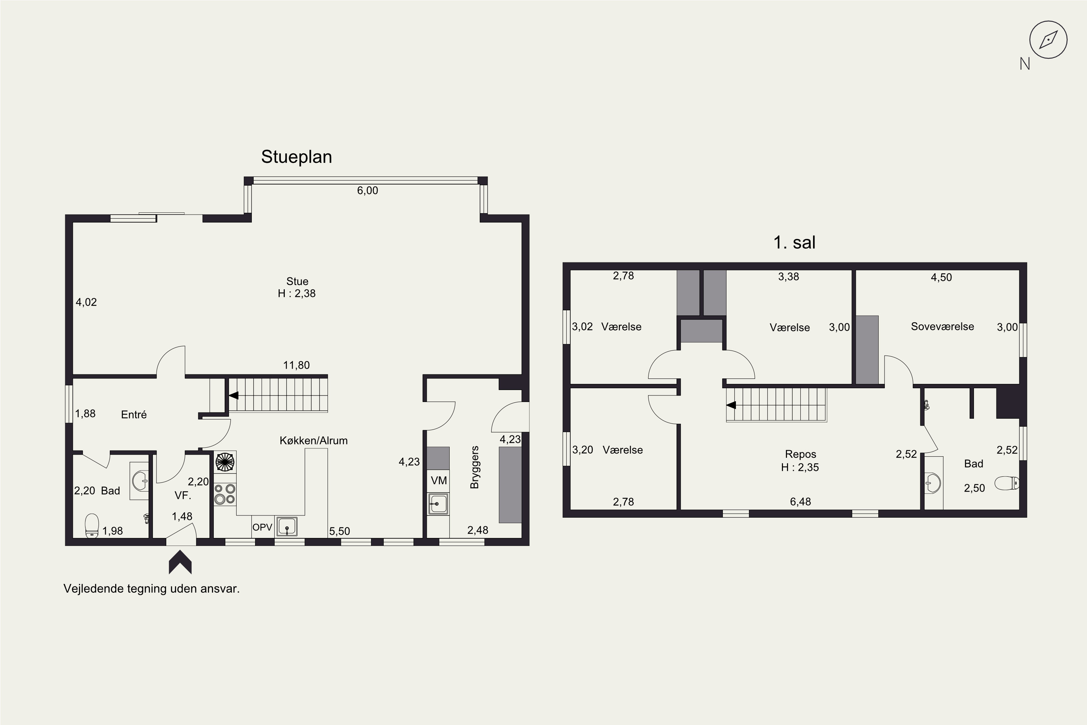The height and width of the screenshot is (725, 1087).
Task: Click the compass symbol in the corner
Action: click(x=1048, y=40)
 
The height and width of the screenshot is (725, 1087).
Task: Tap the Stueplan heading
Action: click(x=297, y=157)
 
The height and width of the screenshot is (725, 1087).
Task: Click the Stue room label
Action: click(x=297, y=281)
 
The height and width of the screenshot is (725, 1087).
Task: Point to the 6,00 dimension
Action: click(x=367, y=191)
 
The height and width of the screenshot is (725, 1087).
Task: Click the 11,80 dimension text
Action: click(x=296, y=365)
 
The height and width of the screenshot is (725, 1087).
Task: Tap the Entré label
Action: click(x=134, y=414)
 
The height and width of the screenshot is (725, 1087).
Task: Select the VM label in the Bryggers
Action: click(x=438, y=480)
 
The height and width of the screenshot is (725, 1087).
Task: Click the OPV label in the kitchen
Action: click(x=262, y=527)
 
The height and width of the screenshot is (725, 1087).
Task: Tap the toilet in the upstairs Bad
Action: click(x=1007, y=484)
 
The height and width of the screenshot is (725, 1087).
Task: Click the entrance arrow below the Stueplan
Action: click(x=180, y=562)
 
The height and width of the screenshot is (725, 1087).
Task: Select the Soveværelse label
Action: click(x=942, y=327)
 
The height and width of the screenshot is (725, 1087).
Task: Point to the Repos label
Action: click(x=800, y=454)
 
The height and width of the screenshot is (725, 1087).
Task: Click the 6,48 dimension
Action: click(x=800, y=502)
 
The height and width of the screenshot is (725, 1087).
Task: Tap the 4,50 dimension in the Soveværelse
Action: click(x=941, y=277)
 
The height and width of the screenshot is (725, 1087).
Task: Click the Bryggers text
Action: click(x=474, y=468)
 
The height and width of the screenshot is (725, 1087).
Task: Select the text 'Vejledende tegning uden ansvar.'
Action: click(x=151, y=589)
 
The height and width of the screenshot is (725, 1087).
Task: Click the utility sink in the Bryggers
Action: click(x=438, y=504)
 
